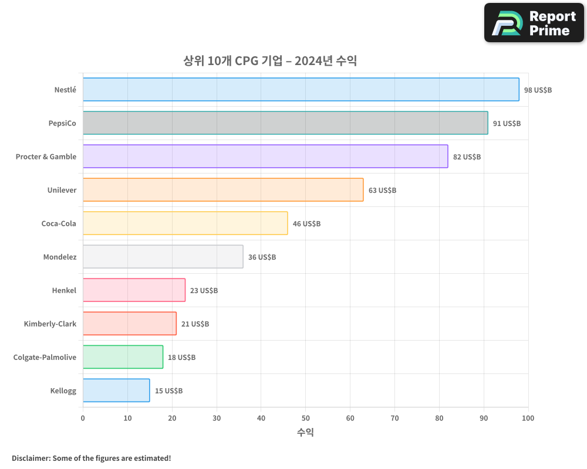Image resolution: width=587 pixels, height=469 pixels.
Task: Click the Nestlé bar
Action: tap(301, 90)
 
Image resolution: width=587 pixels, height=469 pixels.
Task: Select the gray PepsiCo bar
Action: tap(285, 123)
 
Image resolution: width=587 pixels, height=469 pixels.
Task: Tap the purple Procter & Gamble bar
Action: tap(265, 157)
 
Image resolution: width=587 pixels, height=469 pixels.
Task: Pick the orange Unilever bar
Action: tap(223, 190)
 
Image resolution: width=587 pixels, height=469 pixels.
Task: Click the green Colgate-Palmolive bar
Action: tap(123, 357)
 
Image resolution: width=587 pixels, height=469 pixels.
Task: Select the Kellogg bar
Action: tap(116, 390)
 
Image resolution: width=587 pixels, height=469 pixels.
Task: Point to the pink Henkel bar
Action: tap(134, 290)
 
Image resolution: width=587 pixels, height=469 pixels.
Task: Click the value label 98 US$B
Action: tap(538, 90)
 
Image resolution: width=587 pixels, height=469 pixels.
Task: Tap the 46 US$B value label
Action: tap(306, 224)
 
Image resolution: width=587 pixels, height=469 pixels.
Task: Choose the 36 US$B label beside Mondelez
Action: tap(262, 257)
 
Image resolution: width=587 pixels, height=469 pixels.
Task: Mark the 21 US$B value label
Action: tap(195, 324)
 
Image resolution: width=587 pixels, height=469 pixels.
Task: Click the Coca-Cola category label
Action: tap(59, 223)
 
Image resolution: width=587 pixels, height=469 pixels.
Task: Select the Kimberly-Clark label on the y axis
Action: tap(50, 324)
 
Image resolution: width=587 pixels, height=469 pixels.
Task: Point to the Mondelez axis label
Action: tap(59, 257)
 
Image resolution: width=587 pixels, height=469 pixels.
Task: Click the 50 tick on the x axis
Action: tap(305, 418)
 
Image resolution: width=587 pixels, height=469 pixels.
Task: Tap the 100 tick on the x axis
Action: tap(528, 418)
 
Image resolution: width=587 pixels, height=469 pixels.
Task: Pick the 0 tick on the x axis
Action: tap(83, 418)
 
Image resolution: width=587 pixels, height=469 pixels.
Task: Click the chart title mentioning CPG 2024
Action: tap(270, 61)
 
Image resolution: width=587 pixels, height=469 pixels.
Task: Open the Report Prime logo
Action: tap(534, 23)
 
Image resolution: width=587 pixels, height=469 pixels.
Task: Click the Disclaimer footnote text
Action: tap(92, 458)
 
